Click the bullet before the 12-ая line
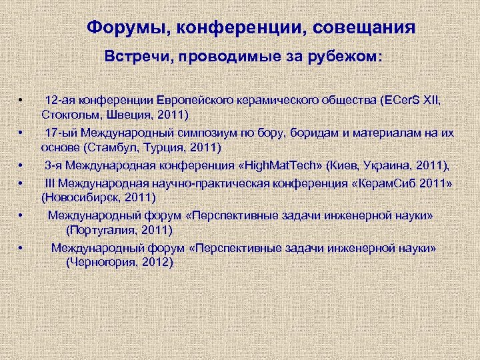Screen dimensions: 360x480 tap(21, 101)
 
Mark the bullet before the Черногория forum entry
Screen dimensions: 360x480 tap(21, 249)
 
